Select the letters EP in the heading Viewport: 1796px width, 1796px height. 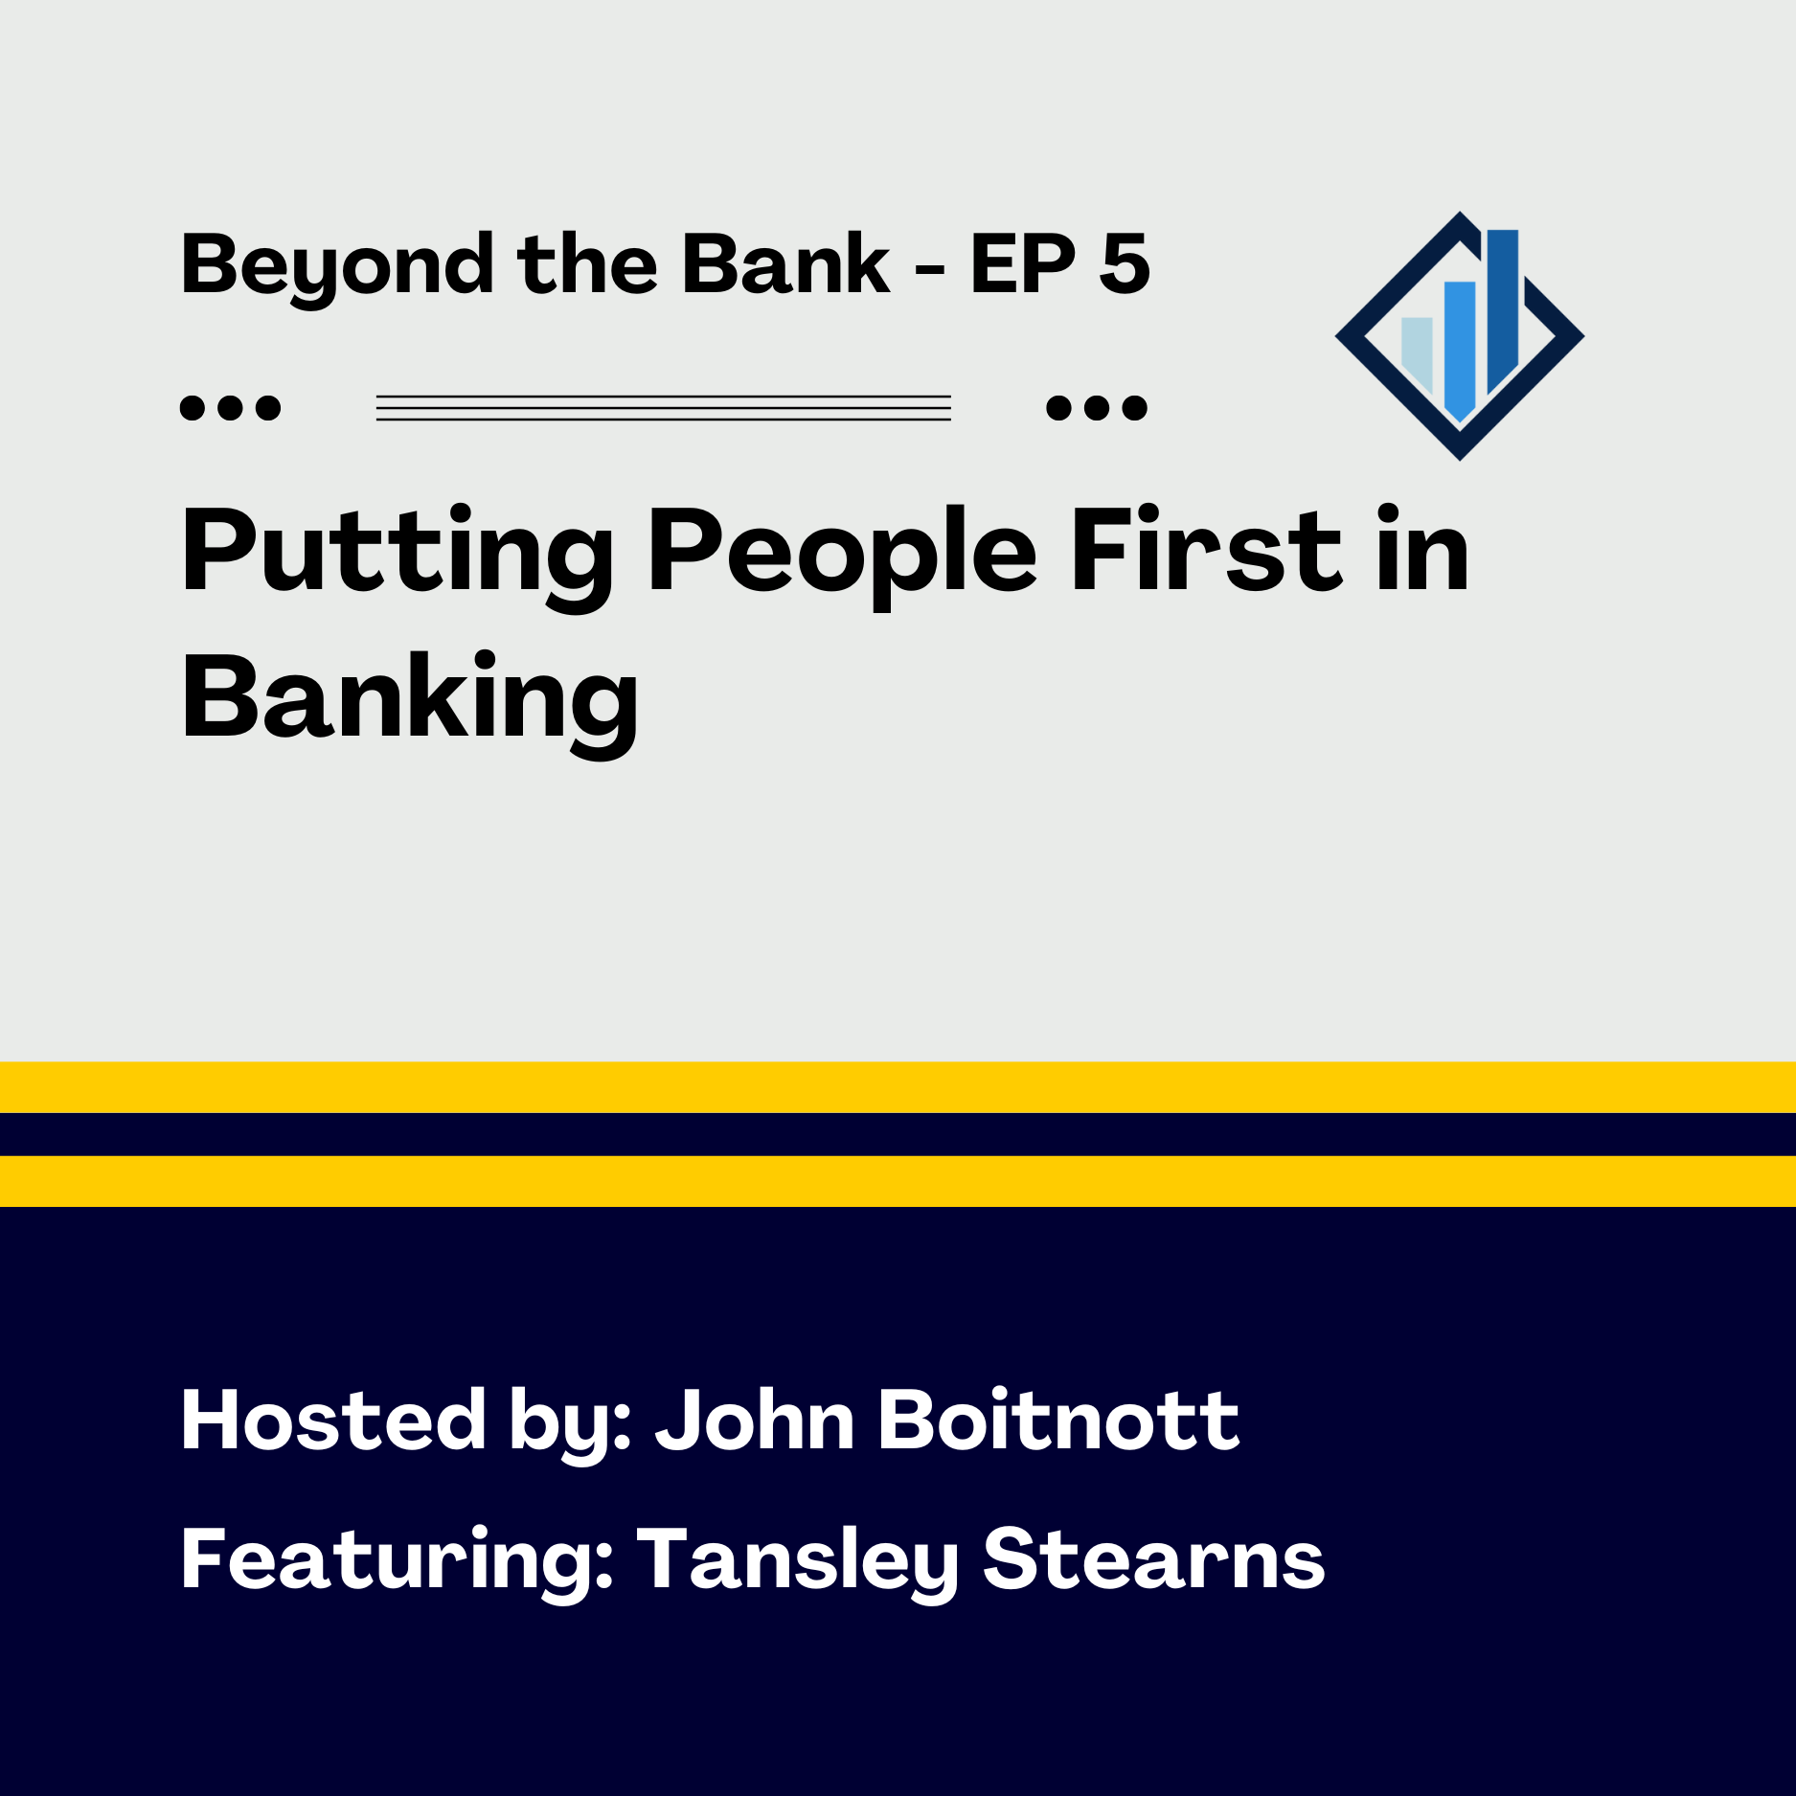(1022, 263)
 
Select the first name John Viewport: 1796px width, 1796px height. (755, 1421)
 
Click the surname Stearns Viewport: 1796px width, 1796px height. (1153, 1559)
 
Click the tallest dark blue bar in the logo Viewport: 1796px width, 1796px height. (1502, 307)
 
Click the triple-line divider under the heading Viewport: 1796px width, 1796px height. (663, 408)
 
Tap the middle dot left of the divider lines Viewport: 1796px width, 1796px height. (230, 408)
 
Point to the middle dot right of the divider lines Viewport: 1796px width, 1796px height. (1097, 408)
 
